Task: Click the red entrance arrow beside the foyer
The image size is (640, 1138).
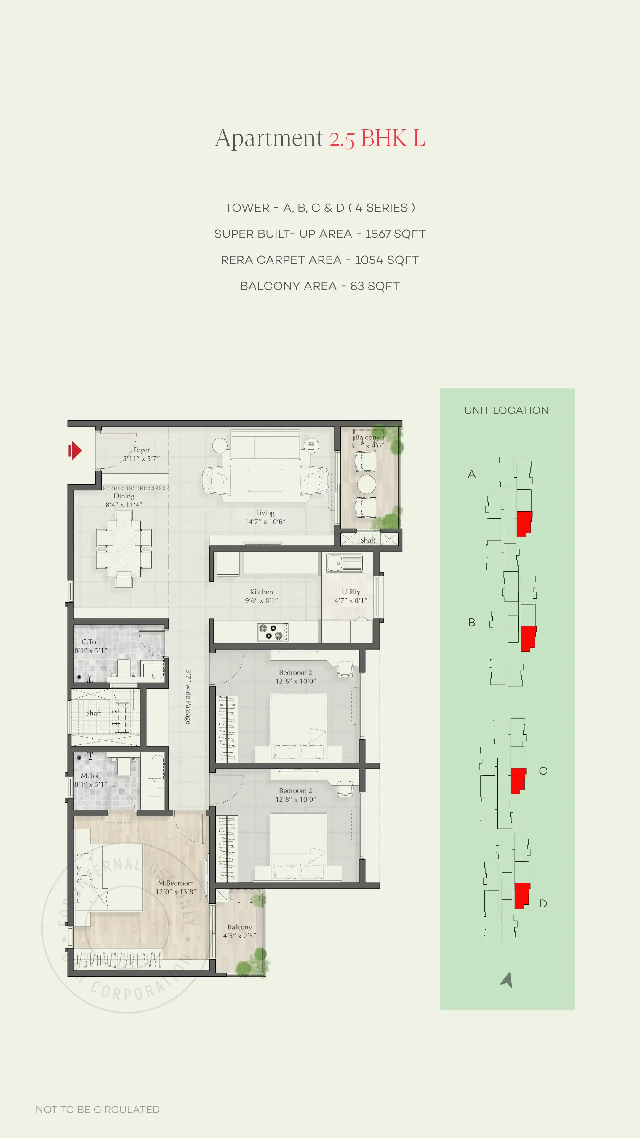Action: coord(75,450)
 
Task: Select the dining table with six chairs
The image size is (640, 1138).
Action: coord(124,549)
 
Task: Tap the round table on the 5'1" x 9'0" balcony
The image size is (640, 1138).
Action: coord(366,484)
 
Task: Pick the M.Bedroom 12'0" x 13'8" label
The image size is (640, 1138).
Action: coord(176,887)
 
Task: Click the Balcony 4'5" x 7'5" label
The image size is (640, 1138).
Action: coord(239,931)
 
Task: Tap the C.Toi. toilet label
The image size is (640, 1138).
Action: coord(91,646)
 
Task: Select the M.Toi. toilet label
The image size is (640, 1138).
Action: coord(91,780)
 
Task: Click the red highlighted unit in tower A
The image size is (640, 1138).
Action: coord(524,523)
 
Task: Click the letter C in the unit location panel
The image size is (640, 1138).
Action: coord(543,771)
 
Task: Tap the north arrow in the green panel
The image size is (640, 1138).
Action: coord(507,980)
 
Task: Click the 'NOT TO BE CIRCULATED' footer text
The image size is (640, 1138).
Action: coord(97,1109)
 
